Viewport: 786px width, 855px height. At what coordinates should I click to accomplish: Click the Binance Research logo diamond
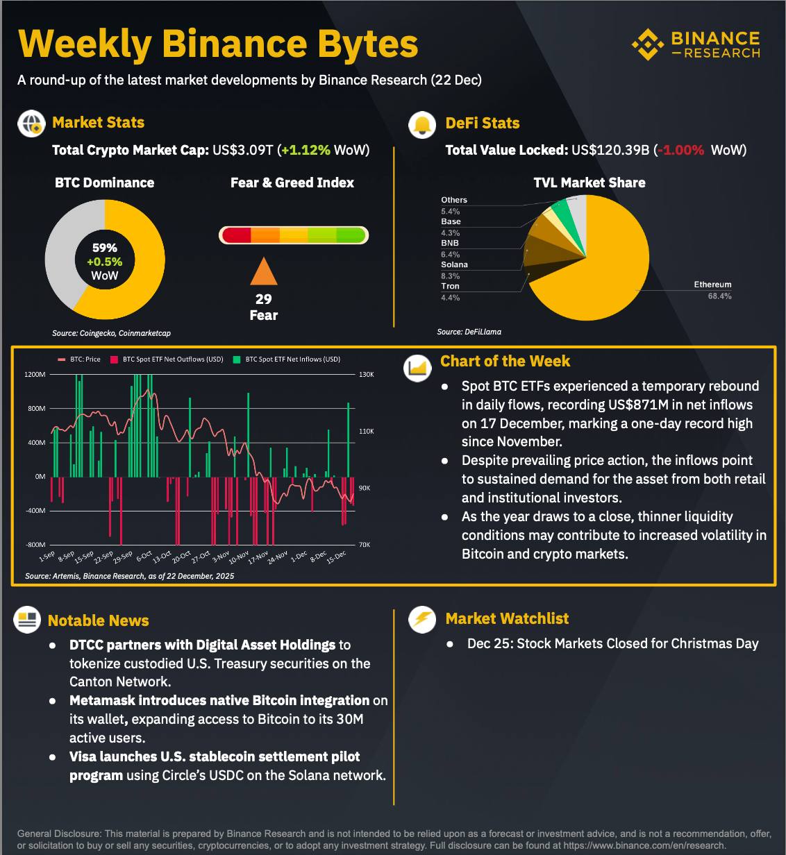point(647,44)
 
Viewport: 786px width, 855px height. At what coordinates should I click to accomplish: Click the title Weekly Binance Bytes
point(218,44)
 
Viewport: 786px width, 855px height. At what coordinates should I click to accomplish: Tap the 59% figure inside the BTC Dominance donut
point(105,248)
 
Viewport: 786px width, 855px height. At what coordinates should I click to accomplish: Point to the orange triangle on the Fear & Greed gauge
point(264,272)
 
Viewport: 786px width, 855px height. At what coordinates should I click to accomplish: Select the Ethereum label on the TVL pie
point(712,285)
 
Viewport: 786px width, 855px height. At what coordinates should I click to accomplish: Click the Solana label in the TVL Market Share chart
point(454,264)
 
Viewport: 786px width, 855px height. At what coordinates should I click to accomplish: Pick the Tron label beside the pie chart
point(450,286)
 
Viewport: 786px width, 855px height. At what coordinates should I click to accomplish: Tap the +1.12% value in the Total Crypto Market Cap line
point(306,150)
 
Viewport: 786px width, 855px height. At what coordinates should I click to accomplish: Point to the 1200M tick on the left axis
point(35,375)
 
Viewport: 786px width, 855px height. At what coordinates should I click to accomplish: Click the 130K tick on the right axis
point(366,375)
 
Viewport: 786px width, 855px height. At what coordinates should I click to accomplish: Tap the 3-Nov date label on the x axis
point(221,557)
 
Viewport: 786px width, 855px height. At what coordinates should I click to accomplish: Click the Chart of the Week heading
point(505,361)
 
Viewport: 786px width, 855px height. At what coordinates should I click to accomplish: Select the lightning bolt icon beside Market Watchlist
point(422,618)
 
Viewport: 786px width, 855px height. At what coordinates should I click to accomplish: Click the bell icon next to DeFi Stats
point(422,124)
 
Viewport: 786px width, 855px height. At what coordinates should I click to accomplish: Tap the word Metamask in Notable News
point(102,700)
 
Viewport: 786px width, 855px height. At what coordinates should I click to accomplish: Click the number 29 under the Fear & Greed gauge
point(264,299)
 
